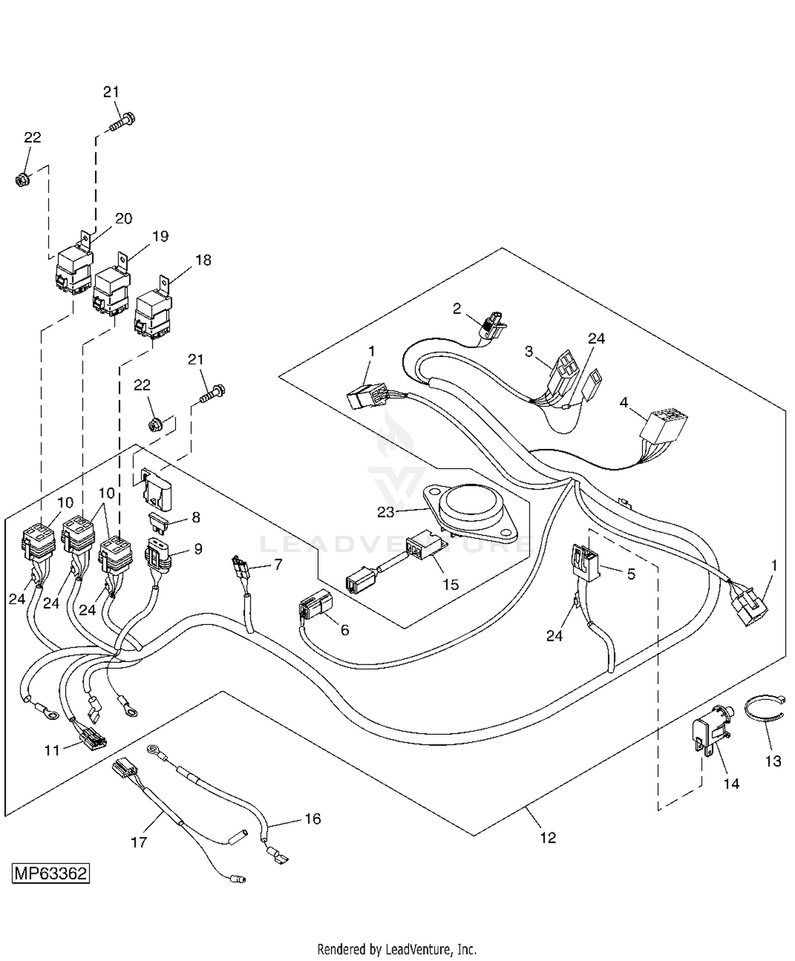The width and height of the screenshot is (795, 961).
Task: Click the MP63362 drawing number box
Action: coord(51,873)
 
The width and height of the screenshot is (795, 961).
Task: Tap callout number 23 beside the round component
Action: coord(386,512)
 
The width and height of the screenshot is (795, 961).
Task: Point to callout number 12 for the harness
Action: coord(548,838)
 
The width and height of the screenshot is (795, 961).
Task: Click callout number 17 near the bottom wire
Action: coord(139,841)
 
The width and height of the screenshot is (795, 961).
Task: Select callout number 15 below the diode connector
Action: coord(450,584)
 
